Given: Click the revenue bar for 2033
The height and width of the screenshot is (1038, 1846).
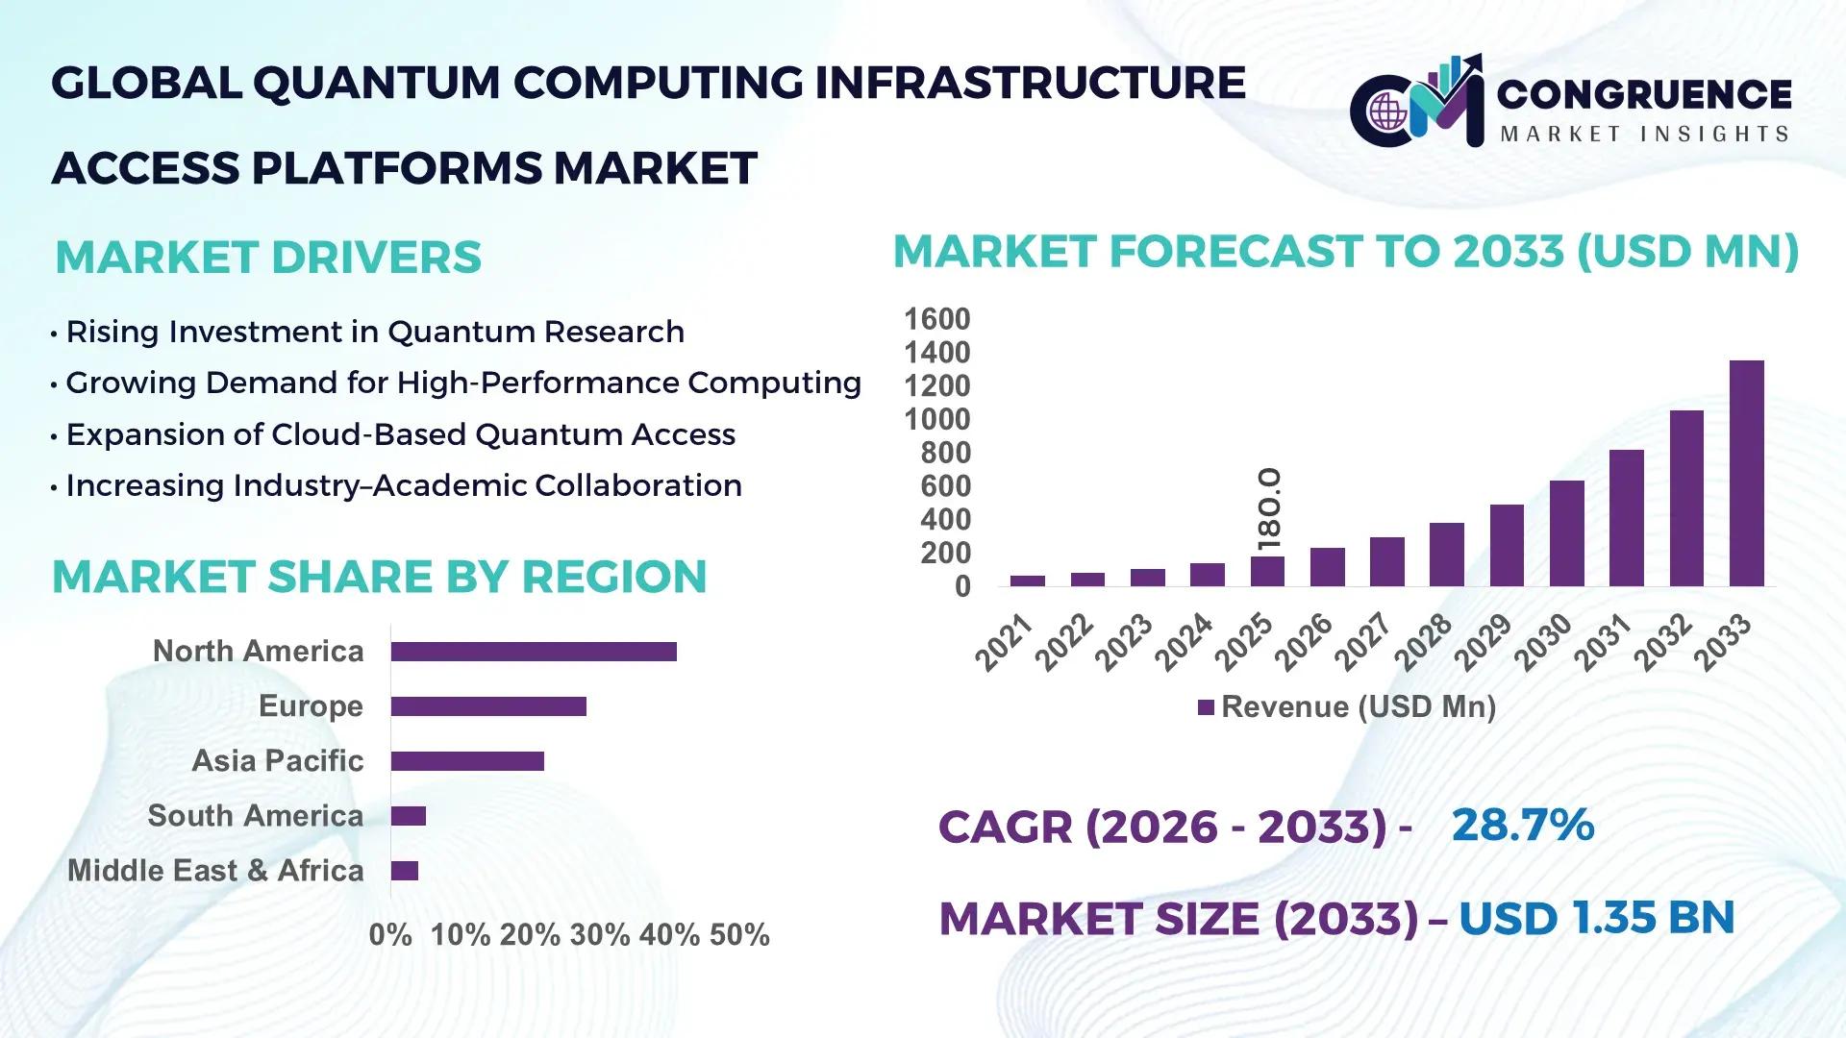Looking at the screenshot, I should (x=1746, y=473).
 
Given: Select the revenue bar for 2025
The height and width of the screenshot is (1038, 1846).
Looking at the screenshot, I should (x=1267, y=571).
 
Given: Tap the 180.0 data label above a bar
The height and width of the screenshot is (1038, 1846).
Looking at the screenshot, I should (x=1269, y=508).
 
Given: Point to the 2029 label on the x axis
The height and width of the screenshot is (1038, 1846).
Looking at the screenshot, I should (x=1483, y=642).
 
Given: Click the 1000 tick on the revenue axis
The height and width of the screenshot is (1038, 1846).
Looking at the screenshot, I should (x=937, y=420).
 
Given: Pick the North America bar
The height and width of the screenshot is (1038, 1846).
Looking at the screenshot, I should (x=534, y=652).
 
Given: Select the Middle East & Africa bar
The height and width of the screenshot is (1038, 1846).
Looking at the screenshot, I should (x=405, y=871).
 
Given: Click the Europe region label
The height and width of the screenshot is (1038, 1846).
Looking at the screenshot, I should (x=311, y=706).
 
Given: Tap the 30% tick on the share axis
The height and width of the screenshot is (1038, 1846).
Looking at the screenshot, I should (x=599, y=935).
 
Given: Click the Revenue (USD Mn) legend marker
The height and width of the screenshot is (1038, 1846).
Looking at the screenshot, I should (x=1206, y=708).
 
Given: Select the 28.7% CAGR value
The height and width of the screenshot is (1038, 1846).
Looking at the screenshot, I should (x=1522, y=826).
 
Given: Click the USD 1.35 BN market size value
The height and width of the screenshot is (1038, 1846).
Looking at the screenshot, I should (x=1596, y=919).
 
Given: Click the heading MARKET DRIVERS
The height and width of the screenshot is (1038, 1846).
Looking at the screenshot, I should (x=268, y=258).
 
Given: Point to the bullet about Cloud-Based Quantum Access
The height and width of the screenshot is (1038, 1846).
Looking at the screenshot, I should (x=400, y=434).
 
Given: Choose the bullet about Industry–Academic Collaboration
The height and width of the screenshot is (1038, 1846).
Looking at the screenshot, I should (x=404, y=486).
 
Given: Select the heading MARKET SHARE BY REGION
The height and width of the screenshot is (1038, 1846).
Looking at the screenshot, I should (x=379, y=578).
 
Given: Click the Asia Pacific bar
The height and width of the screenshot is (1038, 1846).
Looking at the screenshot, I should (x=467, y=761).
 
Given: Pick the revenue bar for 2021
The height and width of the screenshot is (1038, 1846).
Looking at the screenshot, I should (x=1027, y=581).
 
